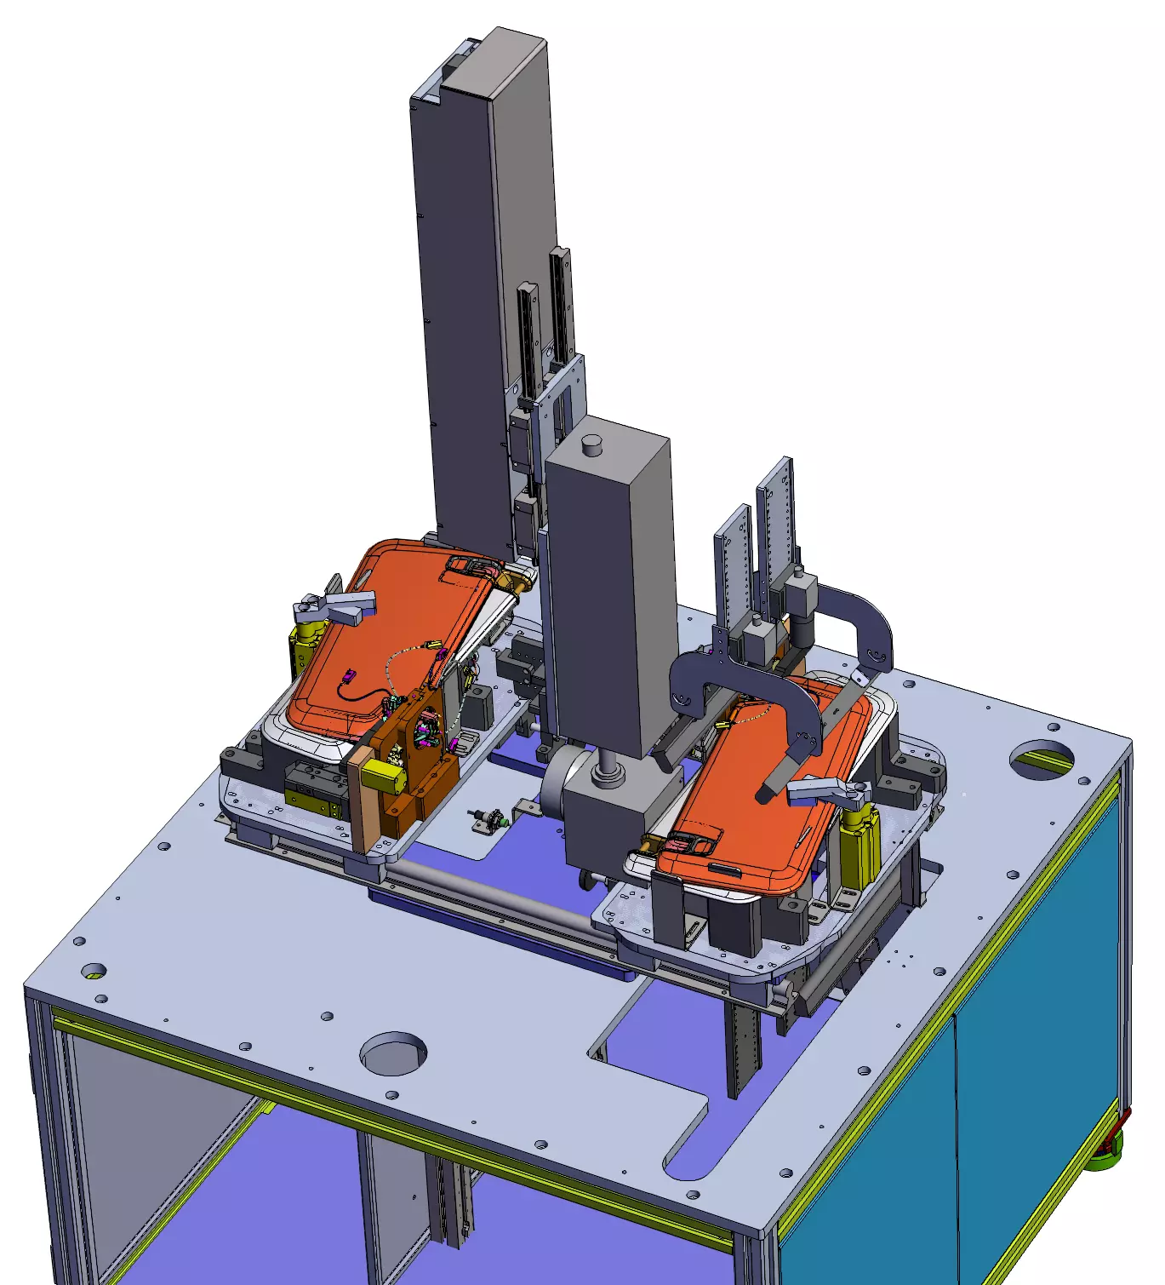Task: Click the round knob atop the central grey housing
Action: click(591, 445)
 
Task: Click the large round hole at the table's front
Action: click(392, 1053)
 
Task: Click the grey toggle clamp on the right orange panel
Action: click(825, 793)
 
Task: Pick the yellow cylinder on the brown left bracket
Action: click(380, 775)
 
